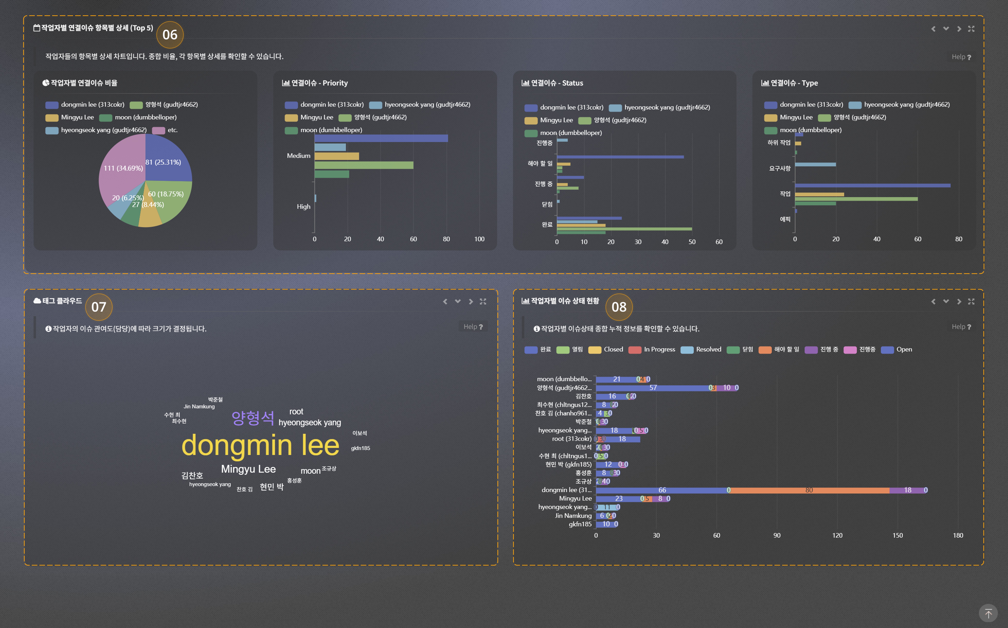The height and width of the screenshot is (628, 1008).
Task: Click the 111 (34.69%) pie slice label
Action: [x=123, y=168]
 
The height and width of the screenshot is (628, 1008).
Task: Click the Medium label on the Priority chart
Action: [x=298, y=156]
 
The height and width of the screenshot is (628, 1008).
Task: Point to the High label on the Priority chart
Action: [x=303, y=206]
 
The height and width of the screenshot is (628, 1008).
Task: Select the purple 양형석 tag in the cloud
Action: [x=253, y=418]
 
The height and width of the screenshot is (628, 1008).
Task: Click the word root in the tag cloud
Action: [x=296, y=412]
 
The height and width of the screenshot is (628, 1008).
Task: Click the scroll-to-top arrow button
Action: [x=988, y=613]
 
